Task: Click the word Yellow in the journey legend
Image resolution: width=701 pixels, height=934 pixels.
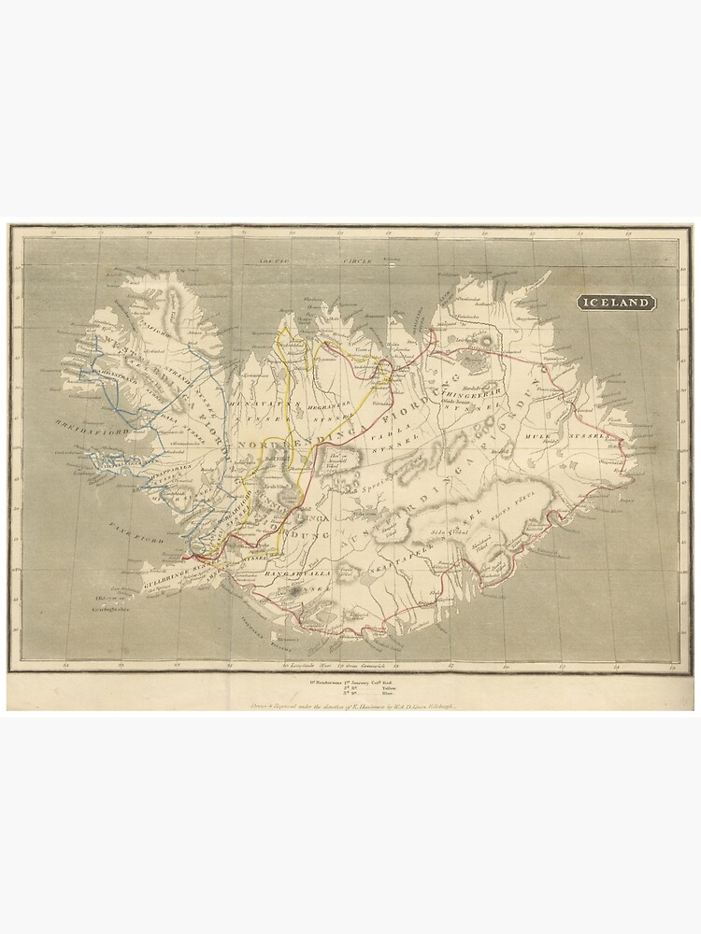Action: tap(388, 688)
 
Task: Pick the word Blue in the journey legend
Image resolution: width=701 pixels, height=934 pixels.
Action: tap(388, 695)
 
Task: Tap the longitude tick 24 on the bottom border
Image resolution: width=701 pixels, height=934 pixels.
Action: tap(66, 665)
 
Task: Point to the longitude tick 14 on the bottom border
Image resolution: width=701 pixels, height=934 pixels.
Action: tap(617, 665)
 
